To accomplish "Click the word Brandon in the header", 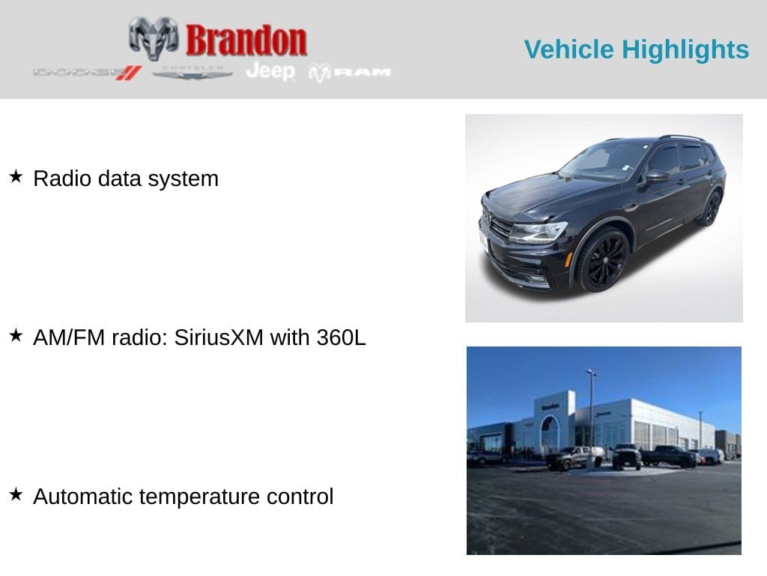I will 246,40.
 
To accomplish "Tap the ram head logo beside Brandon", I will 154,37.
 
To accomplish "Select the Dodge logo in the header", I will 87,73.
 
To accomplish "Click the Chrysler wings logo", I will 192,72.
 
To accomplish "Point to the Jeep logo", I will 270,71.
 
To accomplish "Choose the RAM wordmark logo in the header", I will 351,72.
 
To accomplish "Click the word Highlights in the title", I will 685,49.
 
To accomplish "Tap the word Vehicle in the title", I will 569,49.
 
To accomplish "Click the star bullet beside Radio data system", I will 16,177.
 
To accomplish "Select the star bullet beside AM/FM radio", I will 16,336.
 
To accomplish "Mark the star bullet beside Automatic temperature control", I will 16,495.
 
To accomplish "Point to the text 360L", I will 341,337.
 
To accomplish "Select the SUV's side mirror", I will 657,176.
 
